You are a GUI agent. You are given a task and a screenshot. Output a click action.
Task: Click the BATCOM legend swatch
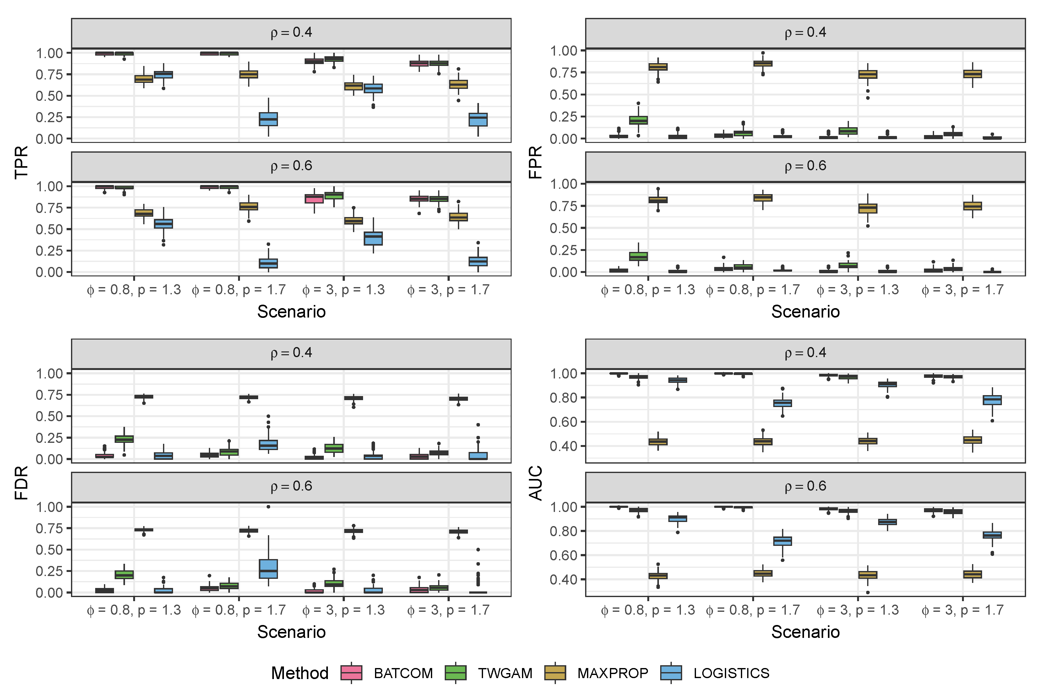point(351,673)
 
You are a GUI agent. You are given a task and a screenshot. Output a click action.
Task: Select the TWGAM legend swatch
point(455,673)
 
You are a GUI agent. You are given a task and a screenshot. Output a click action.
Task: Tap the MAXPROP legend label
point(612,673)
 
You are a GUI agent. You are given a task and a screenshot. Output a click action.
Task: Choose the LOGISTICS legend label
point(731,673)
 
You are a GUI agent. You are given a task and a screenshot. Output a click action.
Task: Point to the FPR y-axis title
point(535,162)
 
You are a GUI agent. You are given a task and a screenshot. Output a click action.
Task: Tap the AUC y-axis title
point(535,482)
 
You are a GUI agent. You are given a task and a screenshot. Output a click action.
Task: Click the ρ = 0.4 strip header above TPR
point(291,32)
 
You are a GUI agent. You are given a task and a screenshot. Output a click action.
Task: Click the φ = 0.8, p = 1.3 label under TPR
point(133,290)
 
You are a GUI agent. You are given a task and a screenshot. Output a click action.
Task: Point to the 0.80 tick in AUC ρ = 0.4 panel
point(564,398)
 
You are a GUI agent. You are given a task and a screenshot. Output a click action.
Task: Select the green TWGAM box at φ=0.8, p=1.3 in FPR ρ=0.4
point(638,120)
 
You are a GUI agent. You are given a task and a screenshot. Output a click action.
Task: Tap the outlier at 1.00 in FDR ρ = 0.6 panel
point(268,507)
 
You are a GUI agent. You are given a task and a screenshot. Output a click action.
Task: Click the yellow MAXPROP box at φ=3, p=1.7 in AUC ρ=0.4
point(972,440)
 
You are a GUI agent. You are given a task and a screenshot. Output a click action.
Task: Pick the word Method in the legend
point(300,673)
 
